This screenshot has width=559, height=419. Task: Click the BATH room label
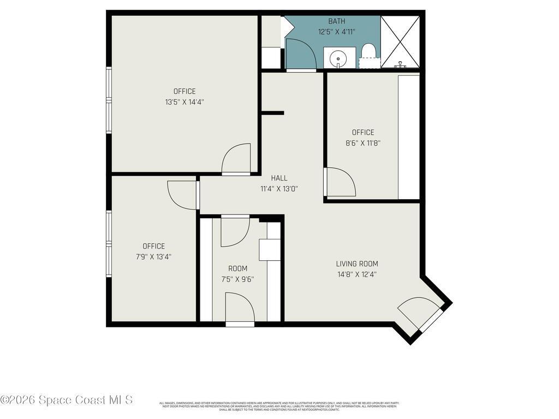pos(337,21)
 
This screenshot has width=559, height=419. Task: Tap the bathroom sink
pos(338,57)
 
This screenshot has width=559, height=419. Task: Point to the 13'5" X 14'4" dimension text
pos(185,101)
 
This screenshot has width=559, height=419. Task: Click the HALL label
pos(279,178)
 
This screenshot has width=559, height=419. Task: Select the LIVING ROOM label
pos(356,264)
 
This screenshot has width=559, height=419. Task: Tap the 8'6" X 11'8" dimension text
pos(363,143)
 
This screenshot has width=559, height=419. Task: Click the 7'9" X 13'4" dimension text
pos(153,256)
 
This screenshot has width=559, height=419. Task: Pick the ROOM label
pos(237,268)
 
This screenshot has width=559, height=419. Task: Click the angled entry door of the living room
pos(420,315)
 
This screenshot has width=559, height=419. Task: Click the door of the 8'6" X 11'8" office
pos(340,183)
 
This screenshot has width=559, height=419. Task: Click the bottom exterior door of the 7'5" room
pos(240,309)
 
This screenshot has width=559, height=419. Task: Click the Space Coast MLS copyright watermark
pos(66,400)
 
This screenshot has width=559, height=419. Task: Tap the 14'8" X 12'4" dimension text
pos(356,274)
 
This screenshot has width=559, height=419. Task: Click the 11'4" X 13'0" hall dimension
pos(279,189)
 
